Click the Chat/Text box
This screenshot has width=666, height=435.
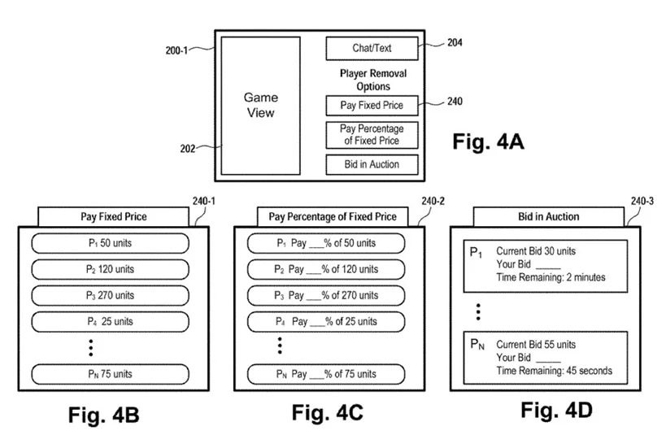[372, 48]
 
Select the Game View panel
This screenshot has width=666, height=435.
[260, 106]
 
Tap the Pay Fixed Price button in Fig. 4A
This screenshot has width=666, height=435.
[372, 105]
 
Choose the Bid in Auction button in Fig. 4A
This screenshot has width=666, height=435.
[372, 165]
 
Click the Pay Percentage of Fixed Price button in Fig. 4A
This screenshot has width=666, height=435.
[372, 135]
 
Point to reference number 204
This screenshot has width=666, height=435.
[455, 42]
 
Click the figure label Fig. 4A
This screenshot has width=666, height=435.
[488, 142]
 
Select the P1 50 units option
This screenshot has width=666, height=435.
[111, 243]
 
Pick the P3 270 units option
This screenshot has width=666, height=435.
[111, 295]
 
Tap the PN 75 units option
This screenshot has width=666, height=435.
[111, 374]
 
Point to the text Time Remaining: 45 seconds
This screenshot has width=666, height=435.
[554, 371]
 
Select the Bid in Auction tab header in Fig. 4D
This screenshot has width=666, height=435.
[549, 217]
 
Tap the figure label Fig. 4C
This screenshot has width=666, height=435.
[327, 413]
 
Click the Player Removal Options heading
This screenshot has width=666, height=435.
[372, 80]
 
